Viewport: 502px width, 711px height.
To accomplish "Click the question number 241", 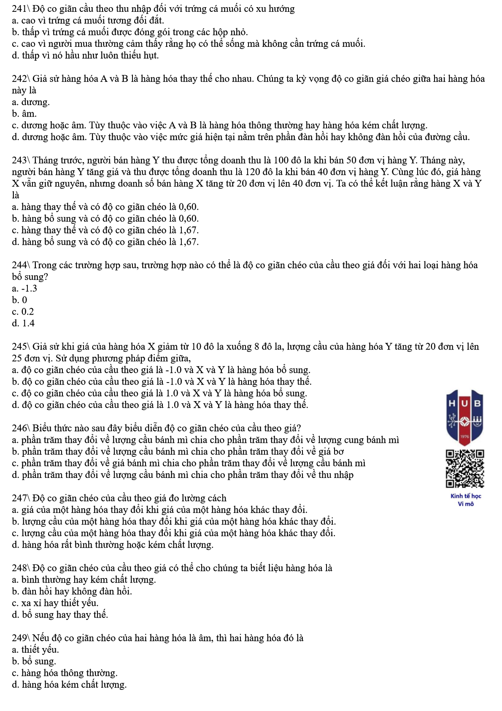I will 19,9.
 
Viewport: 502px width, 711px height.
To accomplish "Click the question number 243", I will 19,160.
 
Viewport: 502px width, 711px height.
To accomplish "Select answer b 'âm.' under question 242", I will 24,114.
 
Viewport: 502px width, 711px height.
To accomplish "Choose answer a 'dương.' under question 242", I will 31,102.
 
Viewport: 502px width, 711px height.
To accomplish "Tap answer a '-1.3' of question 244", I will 24,288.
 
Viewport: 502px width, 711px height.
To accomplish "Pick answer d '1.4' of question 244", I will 23,323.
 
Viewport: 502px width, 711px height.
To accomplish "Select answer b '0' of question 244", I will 19,300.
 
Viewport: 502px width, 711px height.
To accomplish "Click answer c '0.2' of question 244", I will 23,312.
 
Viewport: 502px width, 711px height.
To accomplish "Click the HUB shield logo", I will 464,415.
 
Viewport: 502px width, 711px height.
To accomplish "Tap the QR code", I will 465,469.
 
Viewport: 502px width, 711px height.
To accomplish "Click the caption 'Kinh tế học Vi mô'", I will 466,500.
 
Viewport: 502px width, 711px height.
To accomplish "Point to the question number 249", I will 19,638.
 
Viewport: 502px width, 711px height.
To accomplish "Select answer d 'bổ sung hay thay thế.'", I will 60,615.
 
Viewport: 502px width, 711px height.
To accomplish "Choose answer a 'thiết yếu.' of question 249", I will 35,650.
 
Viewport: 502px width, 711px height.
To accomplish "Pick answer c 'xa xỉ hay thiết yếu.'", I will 55,603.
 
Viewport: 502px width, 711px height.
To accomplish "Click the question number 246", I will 19,428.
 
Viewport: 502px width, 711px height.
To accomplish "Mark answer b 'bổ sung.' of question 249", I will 34,661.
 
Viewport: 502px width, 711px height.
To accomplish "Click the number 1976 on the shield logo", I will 464,436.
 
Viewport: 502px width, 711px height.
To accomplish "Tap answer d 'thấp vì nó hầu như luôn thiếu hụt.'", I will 85,55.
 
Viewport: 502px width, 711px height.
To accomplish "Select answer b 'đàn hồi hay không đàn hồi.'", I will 72,592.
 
